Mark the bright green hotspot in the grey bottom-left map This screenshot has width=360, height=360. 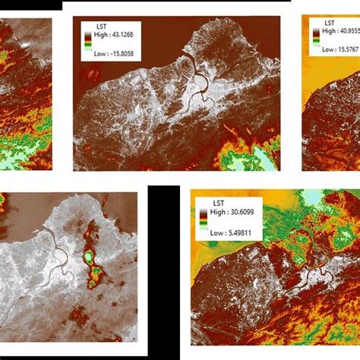[93, 259]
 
